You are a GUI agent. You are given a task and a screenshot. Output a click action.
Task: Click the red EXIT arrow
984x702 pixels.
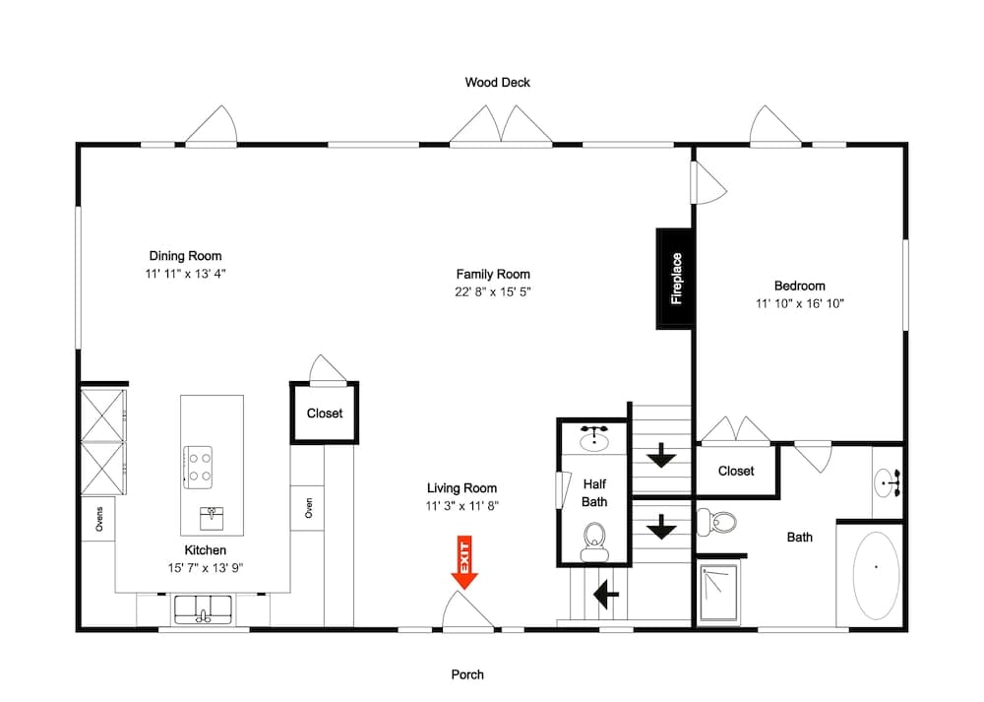463,563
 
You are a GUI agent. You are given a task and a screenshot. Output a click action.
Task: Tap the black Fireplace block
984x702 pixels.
675,279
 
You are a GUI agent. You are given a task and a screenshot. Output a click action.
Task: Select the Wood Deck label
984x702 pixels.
497,83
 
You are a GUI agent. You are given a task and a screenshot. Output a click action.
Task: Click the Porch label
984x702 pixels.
467,674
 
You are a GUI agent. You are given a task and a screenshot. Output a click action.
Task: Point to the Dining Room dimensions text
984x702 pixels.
186,274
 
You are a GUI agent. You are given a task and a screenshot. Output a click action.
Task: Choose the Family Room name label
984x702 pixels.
493,275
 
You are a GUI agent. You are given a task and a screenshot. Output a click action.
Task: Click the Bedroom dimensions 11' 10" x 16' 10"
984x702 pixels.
799,304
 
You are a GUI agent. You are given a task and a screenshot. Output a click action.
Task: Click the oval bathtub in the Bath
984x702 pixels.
874,574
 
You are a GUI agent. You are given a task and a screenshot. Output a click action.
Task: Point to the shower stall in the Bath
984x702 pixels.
718,593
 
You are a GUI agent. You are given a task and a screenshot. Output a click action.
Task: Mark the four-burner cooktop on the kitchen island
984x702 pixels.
200,466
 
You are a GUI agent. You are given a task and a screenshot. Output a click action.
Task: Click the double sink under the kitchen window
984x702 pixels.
203,610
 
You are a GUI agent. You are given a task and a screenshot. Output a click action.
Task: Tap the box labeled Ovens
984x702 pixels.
98,518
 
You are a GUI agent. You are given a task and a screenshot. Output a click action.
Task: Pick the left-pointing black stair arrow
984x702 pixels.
605,594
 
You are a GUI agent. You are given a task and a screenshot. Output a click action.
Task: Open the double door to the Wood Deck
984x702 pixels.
502,126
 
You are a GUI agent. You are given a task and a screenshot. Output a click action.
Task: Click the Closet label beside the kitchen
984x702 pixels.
325,414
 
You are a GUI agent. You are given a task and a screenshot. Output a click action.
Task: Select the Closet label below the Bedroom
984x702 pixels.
736,471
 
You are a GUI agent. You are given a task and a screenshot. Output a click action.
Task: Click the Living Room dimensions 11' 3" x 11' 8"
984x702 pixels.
461,506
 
